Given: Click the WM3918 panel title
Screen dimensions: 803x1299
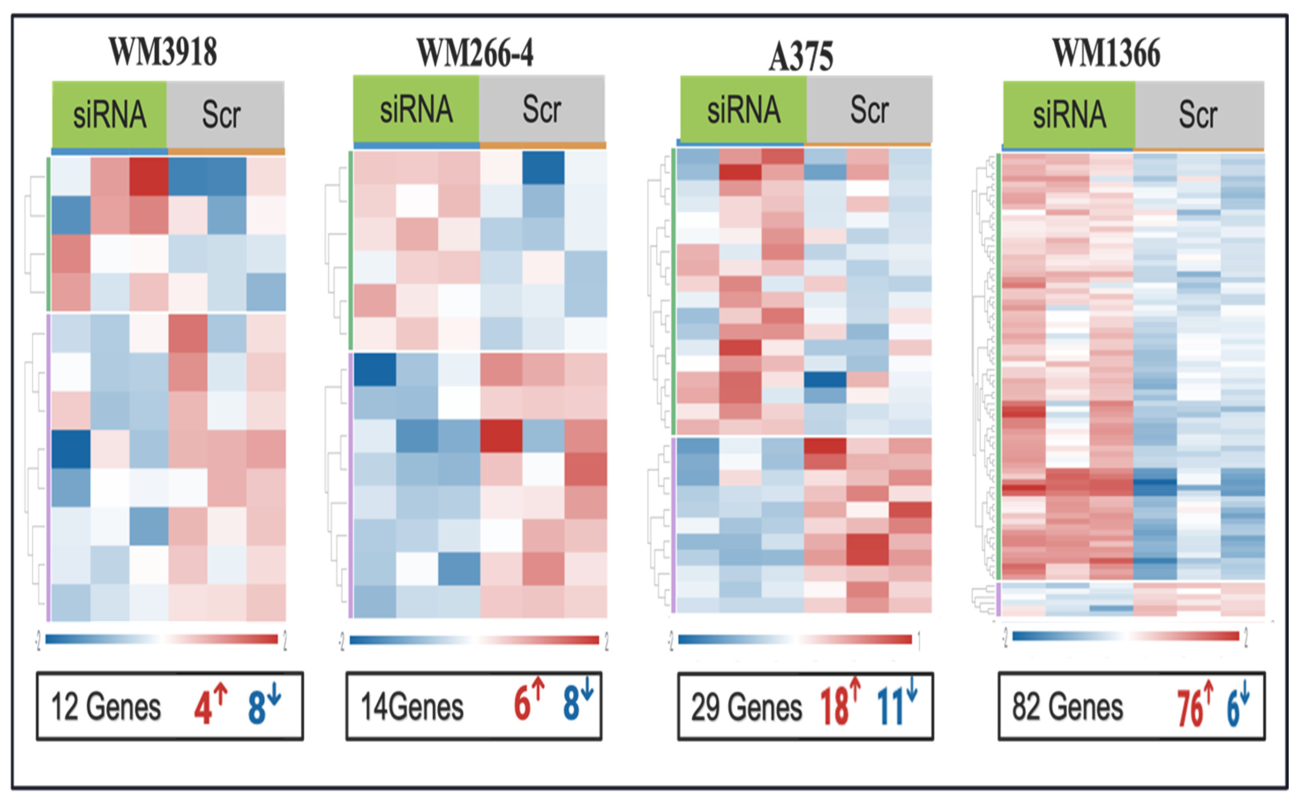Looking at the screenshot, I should click(163, 52).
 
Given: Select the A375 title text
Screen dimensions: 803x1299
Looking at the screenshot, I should click(801, 57).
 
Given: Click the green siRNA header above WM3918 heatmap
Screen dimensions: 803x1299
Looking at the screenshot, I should click(109, 114).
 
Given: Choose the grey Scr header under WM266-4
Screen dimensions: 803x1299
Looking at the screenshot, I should click(542, 109).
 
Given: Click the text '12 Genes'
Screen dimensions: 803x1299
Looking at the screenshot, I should click(106, 707).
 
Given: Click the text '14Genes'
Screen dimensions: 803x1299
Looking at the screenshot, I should click(412, 707).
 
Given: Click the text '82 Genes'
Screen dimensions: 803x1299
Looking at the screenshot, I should click(1067, 707).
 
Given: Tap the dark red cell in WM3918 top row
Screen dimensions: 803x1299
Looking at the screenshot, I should click(148, 176).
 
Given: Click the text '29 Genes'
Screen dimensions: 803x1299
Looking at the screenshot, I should click(746, 707).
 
